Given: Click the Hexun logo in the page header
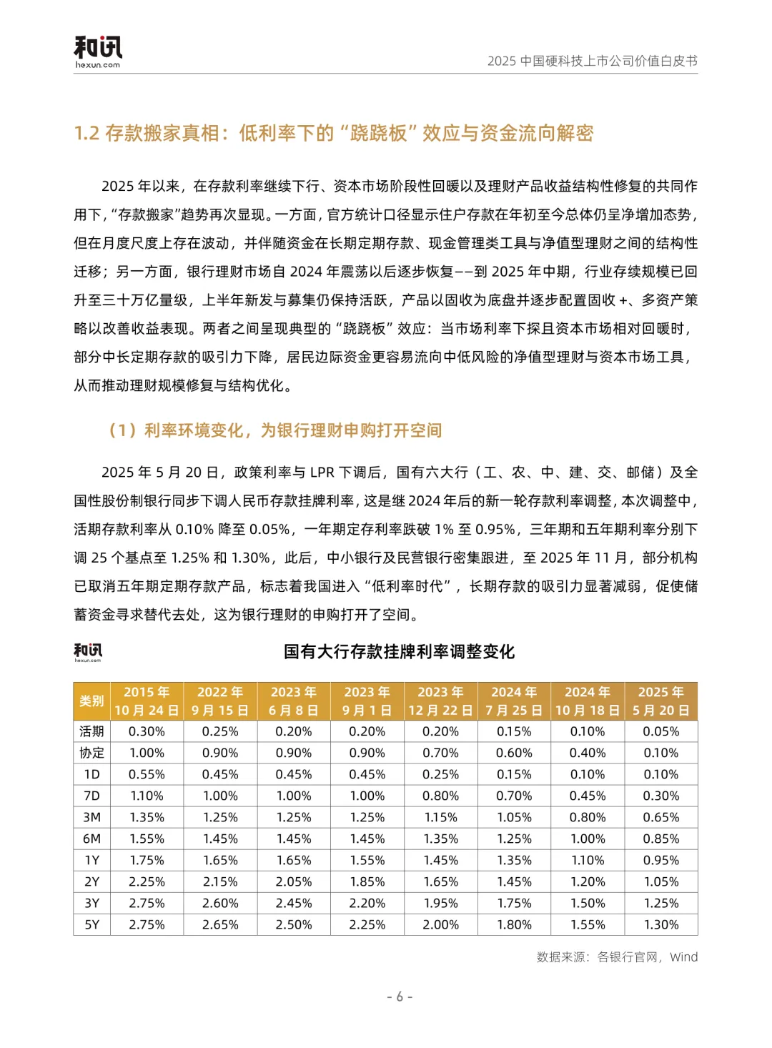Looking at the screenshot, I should (x=98, y=52).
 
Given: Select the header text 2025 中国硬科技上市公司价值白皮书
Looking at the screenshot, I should (x=592, y=61).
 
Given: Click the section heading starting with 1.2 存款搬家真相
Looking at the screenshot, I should (x=334, y=134).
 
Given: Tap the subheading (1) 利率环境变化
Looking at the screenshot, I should (x=274, y=430).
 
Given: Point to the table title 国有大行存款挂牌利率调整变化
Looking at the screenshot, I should (x=399, y=652).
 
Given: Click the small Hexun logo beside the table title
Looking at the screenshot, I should (x=88, y=651).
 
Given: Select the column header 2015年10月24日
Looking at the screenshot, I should (x=147, y=701).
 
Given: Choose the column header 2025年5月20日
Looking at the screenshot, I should (x=661, y=701).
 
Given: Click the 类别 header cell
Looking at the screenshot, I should (x=92, y=701).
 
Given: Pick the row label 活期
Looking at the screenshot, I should (x=92, y=731).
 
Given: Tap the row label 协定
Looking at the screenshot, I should (x=92, y=753).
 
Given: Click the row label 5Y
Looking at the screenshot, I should (x=92, y=924).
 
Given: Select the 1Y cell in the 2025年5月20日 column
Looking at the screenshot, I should (x=661, y=860).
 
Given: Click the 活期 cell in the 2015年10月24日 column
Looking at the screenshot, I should (x=147, y=731).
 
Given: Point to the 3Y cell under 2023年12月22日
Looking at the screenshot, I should (x=441, y=903).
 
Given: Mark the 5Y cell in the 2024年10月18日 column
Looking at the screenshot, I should (x=588, y=924).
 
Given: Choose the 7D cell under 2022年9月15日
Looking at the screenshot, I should (x=220, y=796).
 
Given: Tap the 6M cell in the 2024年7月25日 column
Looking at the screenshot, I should (x=514, y=839).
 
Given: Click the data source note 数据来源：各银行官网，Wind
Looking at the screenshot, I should (x=617, y=957).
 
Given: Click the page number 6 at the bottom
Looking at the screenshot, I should (x=400, y=997).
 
